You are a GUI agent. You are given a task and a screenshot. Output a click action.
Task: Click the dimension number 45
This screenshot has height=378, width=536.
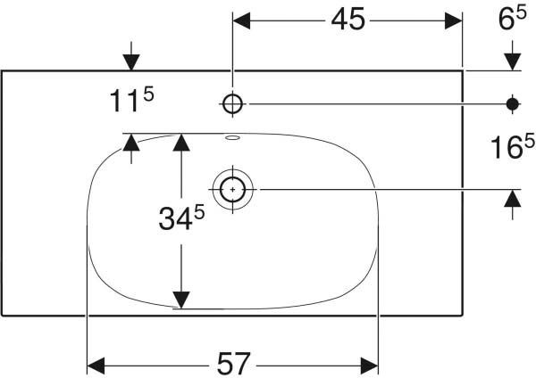pos(348,20)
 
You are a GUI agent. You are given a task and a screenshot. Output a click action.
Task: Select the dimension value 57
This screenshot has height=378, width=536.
pos(234,364)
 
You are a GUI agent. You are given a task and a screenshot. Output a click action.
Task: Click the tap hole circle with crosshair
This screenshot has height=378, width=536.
pos(233,103)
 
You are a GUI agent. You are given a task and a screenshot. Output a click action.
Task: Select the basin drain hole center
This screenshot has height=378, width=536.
pos(233,189)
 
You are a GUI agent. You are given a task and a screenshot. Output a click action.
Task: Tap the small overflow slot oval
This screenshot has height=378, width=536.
pos(233,138)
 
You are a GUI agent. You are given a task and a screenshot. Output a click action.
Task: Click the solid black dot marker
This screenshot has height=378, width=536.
pos(513,104)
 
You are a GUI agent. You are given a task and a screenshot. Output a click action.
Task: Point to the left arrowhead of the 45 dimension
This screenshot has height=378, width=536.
pos(241,21)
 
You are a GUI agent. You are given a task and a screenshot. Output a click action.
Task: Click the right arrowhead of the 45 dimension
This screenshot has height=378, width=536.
pos(453,21)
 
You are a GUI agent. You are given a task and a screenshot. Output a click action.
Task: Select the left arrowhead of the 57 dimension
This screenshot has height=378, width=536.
pos(96,366)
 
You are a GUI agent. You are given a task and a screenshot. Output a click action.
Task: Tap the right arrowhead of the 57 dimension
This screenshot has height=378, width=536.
pos(369,366)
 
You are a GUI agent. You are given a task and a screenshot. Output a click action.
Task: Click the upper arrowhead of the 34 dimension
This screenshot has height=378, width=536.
pos(181,143)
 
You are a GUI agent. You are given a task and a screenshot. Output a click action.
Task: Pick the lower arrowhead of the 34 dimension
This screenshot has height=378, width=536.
pos(181,300)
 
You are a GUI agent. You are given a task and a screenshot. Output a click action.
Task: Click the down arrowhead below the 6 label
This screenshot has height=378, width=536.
pos(513,62)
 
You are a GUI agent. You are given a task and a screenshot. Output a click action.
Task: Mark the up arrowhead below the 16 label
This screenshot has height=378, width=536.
pos(513,198)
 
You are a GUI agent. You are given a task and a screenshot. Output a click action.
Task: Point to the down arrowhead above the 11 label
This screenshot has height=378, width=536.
pos(131,62)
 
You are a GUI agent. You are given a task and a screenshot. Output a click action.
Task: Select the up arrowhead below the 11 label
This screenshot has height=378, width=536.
pos(131,142)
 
